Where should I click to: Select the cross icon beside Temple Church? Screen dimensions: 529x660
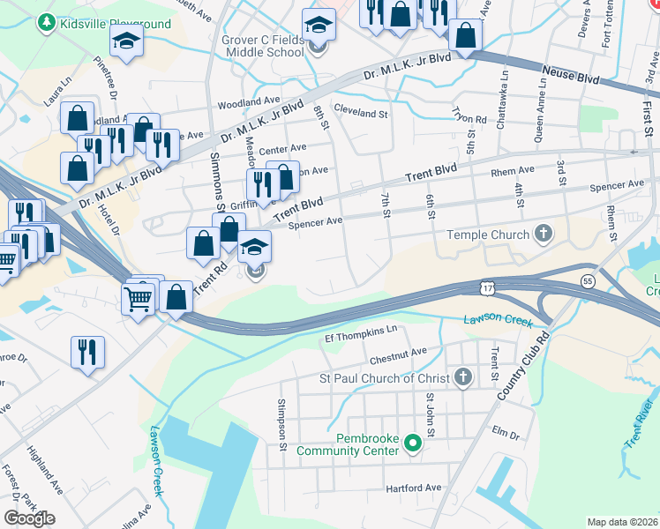point(544,235)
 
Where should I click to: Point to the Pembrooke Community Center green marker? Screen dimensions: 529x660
point(411,444)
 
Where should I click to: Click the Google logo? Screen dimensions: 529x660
point(29,518)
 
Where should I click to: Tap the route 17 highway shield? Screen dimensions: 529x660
point(488,288)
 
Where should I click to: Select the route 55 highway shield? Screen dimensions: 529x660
point(588,280)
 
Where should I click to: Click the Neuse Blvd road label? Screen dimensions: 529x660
point(571,74)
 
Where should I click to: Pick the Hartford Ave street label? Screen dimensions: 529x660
point(413,488)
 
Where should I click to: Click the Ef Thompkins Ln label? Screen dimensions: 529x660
point(362,332)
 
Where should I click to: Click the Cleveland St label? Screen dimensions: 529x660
point(361,114)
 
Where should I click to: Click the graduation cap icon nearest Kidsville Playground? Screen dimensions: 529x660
point(126,41)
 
